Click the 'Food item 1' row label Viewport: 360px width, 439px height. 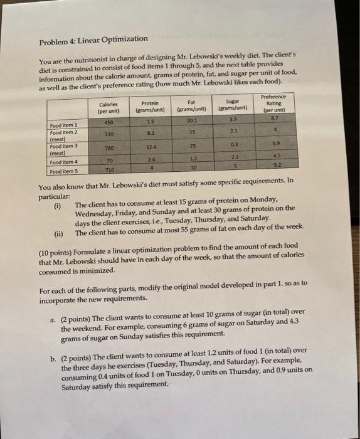pyautogui.click(x=67, y=125)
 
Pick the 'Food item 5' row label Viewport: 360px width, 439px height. pyautogui.click(x=66, y=171)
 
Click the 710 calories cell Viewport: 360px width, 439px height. pyautogui.click(x=109, y=170)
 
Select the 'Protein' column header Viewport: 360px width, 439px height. pyautogui.click(x=150, y=107)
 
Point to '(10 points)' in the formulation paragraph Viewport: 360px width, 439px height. pyautogui.click(x=58, y=254)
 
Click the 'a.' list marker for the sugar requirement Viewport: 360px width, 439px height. pyautogui.click(x=53, y=312)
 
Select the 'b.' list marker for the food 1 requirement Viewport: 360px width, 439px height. pyautogui.click(x=53, y=351)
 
